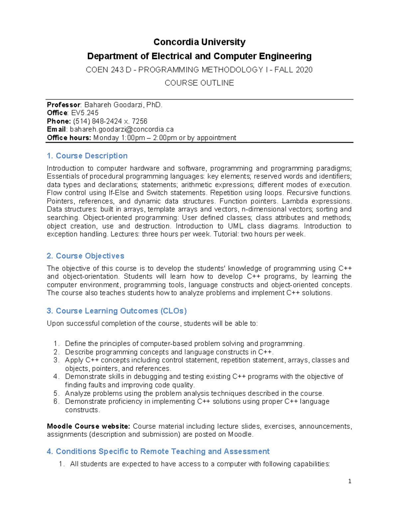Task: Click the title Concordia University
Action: [199, 42]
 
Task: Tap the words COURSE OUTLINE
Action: [199, 83]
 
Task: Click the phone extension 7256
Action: [140, 121]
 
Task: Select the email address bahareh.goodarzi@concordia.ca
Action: [122, 129]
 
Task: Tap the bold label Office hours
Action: [69, 137]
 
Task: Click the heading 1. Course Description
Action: [87, 156]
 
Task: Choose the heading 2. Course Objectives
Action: [85, 256]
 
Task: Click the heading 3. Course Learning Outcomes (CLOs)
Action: [117, 311]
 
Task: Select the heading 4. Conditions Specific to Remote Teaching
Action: [158, 451]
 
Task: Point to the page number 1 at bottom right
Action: [349, 481]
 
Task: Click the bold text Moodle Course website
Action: [88, 426]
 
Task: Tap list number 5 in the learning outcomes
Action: [56, 393]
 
